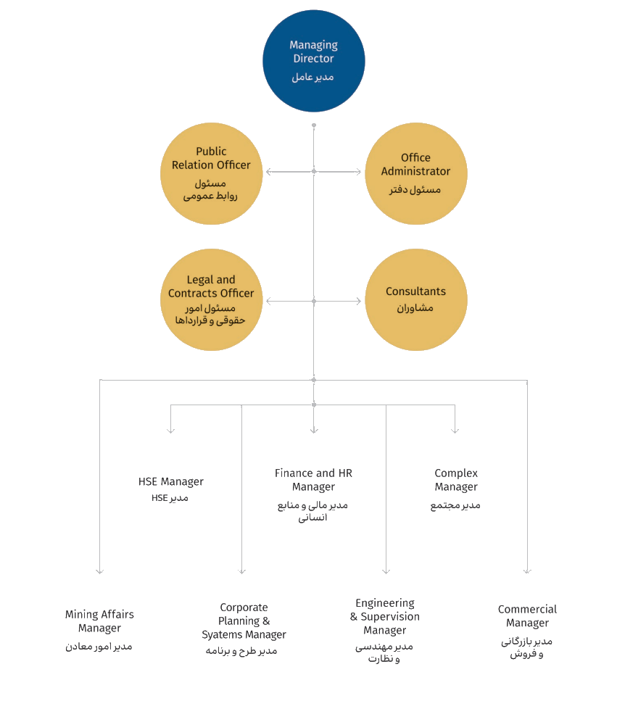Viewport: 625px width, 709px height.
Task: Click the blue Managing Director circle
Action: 313,61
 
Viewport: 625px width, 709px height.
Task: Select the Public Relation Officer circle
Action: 211,173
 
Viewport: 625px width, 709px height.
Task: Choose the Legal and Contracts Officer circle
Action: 211,299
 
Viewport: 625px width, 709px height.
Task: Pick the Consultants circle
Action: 415,299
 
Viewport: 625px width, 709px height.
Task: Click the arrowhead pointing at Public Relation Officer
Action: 269,172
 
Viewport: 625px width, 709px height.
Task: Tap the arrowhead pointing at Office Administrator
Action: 357,172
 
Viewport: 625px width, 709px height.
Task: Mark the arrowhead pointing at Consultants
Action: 357,301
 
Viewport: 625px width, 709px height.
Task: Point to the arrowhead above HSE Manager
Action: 171,431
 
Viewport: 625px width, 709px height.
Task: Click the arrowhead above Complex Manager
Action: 455,431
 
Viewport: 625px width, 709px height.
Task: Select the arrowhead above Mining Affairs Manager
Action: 100,571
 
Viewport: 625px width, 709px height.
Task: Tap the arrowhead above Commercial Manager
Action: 527,571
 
